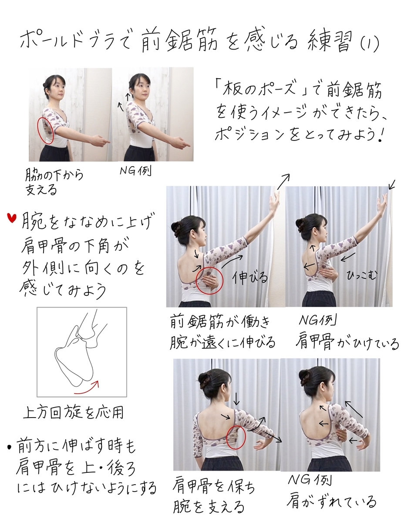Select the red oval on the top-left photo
point(45,130)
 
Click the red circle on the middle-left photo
point(209,281)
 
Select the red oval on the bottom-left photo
point(236,436)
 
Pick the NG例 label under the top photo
point(135,171)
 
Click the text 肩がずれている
point(331,502)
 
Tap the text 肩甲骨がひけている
point(347,344)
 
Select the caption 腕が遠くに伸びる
point(222,342)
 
